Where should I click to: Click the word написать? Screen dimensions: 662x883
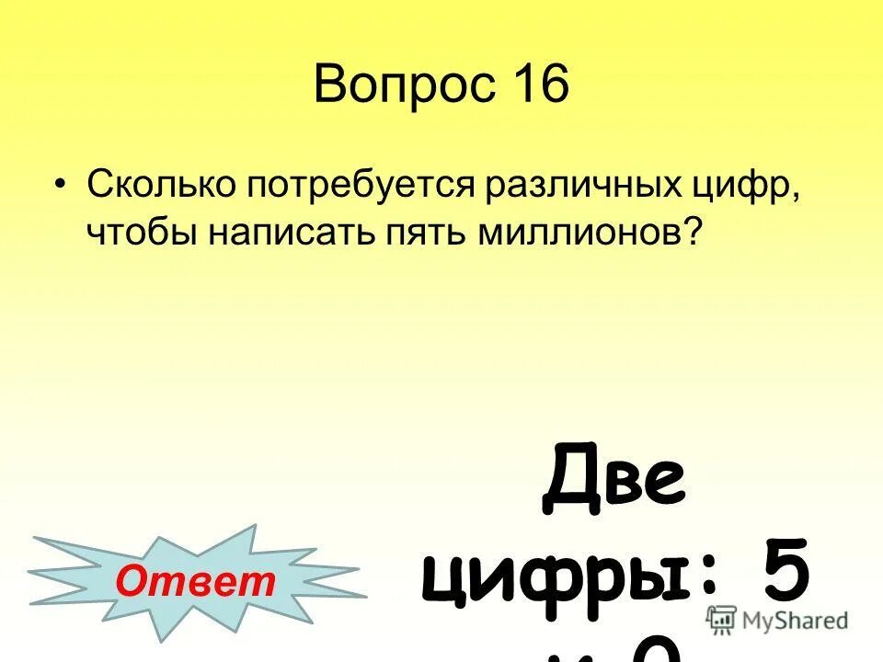coord(285,232)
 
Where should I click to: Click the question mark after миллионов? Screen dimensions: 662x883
coord(693,232)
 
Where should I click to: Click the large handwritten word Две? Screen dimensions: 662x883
coord(614,485)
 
